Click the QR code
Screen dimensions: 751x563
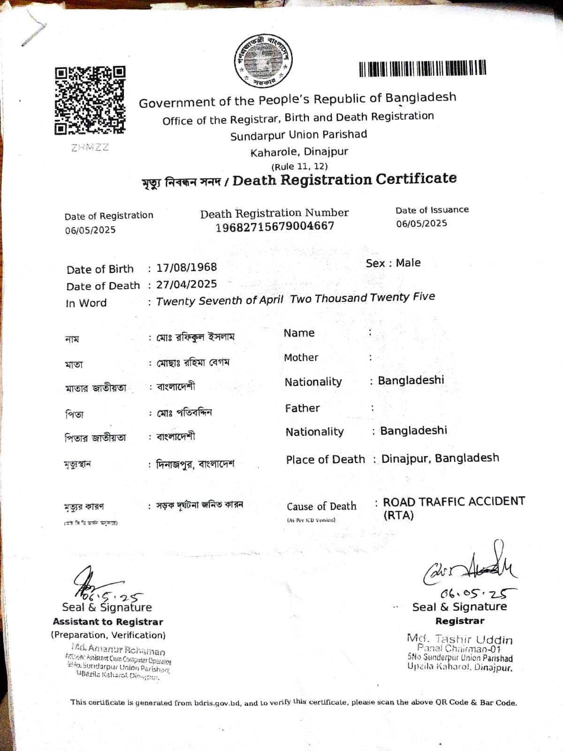(90, 100)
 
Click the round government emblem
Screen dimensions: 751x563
(263, 61)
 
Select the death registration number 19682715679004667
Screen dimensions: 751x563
(275, 227)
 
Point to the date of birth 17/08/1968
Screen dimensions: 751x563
(187, 268)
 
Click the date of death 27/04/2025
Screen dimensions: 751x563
(187, 284)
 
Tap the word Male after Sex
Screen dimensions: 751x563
(408, 263)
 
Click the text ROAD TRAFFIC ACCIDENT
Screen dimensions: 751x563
(454, 502)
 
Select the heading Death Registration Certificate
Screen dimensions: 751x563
(344, 179)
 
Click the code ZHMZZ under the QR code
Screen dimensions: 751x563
(90, 147)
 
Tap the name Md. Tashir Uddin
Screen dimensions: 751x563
(460, 639)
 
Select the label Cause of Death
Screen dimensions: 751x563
(321, 506)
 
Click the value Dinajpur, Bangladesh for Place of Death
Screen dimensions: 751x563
(440, 458)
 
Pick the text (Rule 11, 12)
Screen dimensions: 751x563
(299, 166)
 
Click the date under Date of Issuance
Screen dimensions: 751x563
(421, 223)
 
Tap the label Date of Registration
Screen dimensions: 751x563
(109, 216)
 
